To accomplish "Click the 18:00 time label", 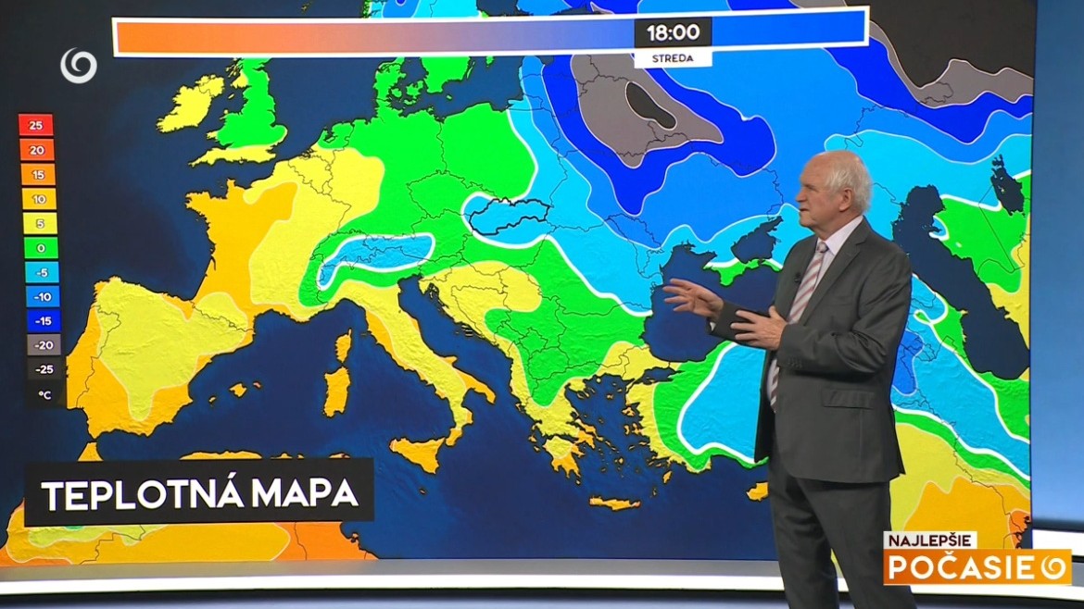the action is [673, 32].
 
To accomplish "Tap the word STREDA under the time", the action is [673, 58].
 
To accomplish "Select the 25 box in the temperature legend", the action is [36, 126].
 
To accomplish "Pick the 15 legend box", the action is [37, 175].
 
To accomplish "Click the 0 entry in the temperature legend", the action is [37, 248].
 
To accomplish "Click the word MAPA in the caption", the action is [304, 495].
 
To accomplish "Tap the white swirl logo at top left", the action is [79, 65].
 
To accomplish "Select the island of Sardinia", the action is [337, 389].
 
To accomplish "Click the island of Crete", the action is [613, 503].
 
